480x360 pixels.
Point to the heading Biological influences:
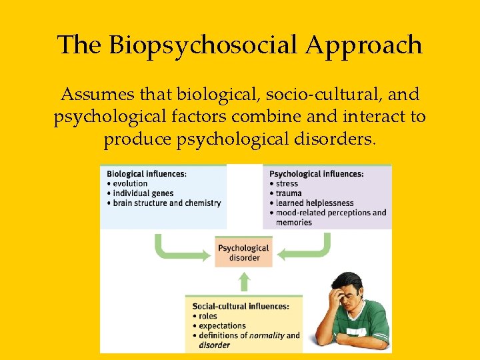146,174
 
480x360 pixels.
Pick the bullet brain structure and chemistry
167,203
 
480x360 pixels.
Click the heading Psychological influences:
316,174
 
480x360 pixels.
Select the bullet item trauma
289,193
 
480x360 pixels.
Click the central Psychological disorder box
243,253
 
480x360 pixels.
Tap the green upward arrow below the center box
244,281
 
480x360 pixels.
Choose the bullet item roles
208,317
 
